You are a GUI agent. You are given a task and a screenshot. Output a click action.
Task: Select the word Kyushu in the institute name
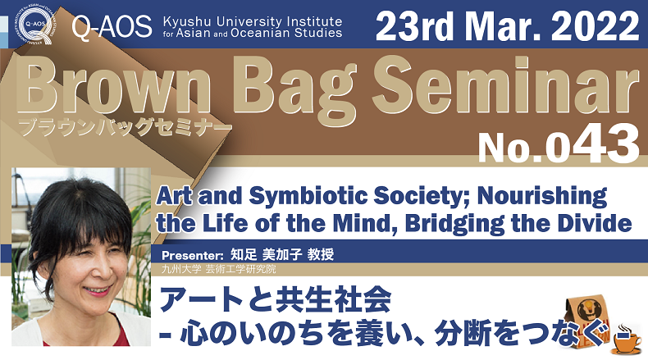click(187, 21)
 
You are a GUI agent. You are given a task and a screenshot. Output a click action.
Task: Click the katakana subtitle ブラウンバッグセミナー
click(125, 127)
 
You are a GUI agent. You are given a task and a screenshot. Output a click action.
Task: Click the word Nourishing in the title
click(542, 196)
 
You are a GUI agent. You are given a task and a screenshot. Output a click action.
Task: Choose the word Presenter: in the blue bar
click(193, 255)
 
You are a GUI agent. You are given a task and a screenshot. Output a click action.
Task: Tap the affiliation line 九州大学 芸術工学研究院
click(219, 270)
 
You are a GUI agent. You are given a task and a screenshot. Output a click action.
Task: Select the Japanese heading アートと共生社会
click(276, 299)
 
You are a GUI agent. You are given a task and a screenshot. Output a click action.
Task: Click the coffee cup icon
click(626, 340)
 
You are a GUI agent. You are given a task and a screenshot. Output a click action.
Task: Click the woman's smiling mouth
click(98, 290)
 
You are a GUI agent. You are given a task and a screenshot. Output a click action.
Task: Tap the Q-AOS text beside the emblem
click(112, 27)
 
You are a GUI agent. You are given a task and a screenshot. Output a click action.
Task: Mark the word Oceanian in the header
click(261, 34)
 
